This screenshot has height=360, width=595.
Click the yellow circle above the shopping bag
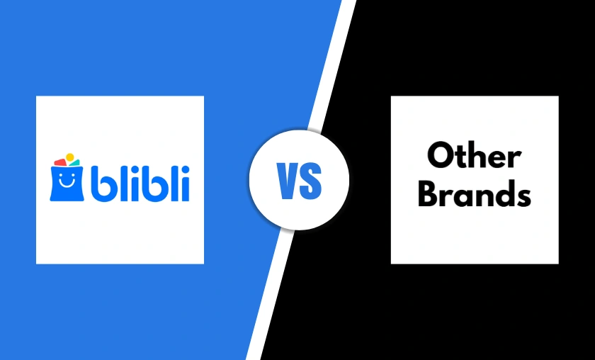pos(69,157)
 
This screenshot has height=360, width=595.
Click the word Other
pos(474,155)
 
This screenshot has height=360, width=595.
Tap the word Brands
pos(474,193)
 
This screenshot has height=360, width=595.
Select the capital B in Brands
pos(429,193)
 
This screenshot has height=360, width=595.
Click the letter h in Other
pos(477,155)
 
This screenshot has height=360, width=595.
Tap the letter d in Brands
pos(502,193)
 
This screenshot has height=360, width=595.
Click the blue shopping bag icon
pos(67,181)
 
